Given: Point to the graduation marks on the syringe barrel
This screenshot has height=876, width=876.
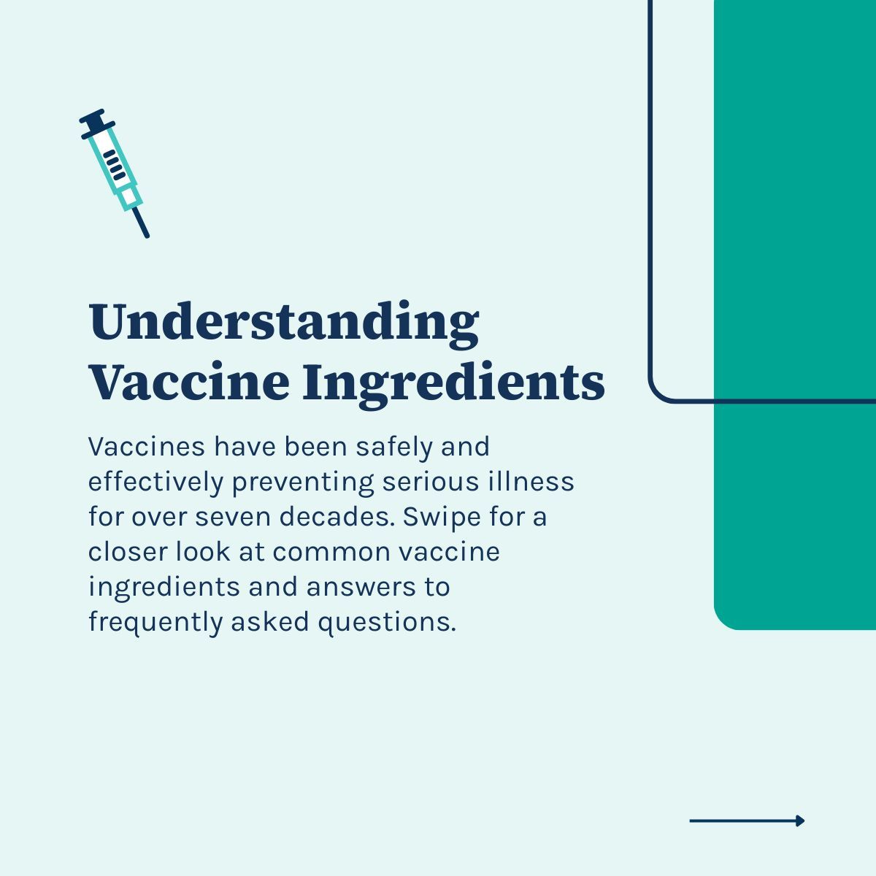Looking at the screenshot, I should coord(114,164).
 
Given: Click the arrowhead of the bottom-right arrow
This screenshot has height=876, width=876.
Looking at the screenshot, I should coord(800,821).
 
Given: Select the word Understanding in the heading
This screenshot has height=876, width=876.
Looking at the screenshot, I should coord(283,323).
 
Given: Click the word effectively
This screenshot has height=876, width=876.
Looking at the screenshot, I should coord(155,482).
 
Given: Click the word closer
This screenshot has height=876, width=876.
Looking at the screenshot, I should coord(127,552).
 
